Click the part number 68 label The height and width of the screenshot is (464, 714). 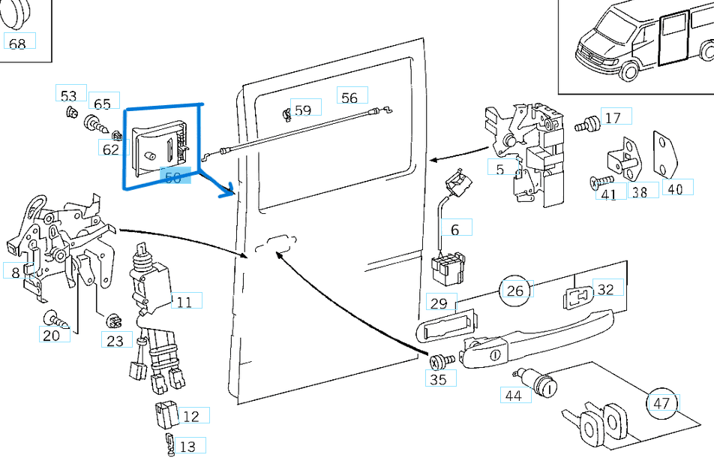pos(17,44)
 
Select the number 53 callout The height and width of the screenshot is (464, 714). pos(69,95)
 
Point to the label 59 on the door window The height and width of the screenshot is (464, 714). pos(302,110)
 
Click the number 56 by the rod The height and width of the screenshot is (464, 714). pos(349,98)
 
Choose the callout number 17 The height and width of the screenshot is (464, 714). pos(613,118)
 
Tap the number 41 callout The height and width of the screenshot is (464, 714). pos(609,194)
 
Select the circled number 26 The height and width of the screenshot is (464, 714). pos(515,291)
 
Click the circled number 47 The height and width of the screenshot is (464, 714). pos(661,403)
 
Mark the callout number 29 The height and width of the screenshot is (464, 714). pos(439,303)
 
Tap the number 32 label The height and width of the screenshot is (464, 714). pos(605,289)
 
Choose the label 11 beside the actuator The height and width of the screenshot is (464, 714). pos(184,302)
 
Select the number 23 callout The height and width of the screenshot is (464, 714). pos(115,340)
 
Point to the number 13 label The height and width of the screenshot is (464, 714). pos(187,447)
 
